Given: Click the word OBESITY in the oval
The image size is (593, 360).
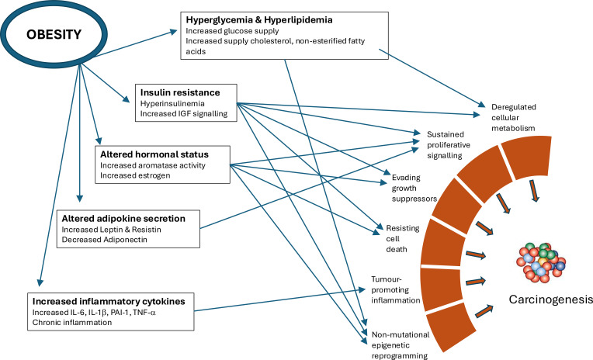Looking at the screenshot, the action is pos(54,34).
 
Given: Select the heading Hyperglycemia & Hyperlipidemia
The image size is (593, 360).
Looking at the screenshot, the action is pos(259,20).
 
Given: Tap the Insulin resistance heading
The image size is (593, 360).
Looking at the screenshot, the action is pos(180,92).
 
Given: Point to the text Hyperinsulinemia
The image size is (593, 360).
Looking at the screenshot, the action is pos(172,104).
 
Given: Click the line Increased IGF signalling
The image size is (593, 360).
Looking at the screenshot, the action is pos(184,113).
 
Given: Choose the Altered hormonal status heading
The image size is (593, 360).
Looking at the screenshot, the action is pos(154,154).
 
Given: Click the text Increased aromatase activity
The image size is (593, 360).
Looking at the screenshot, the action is pos(153,165).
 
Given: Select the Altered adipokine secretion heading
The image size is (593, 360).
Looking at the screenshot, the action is pos(123,219).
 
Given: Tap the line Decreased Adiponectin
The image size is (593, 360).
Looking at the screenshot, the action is pos(104,240).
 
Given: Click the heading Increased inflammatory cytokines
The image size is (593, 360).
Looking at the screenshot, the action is pos(109,301).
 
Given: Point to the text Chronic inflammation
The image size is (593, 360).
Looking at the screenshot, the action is pos(72,323).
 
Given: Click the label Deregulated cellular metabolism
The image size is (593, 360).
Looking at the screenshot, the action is pos(514,118).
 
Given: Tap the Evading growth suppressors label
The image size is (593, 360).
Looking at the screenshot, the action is pos(414,188).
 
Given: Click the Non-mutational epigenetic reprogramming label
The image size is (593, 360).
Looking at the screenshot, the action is pos(401,345).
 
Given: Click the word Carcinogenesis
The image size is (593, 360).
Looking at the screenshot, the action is pos(550,299).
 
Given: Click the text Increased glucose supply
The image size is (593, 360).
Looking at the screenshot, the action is pos(232,31).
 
